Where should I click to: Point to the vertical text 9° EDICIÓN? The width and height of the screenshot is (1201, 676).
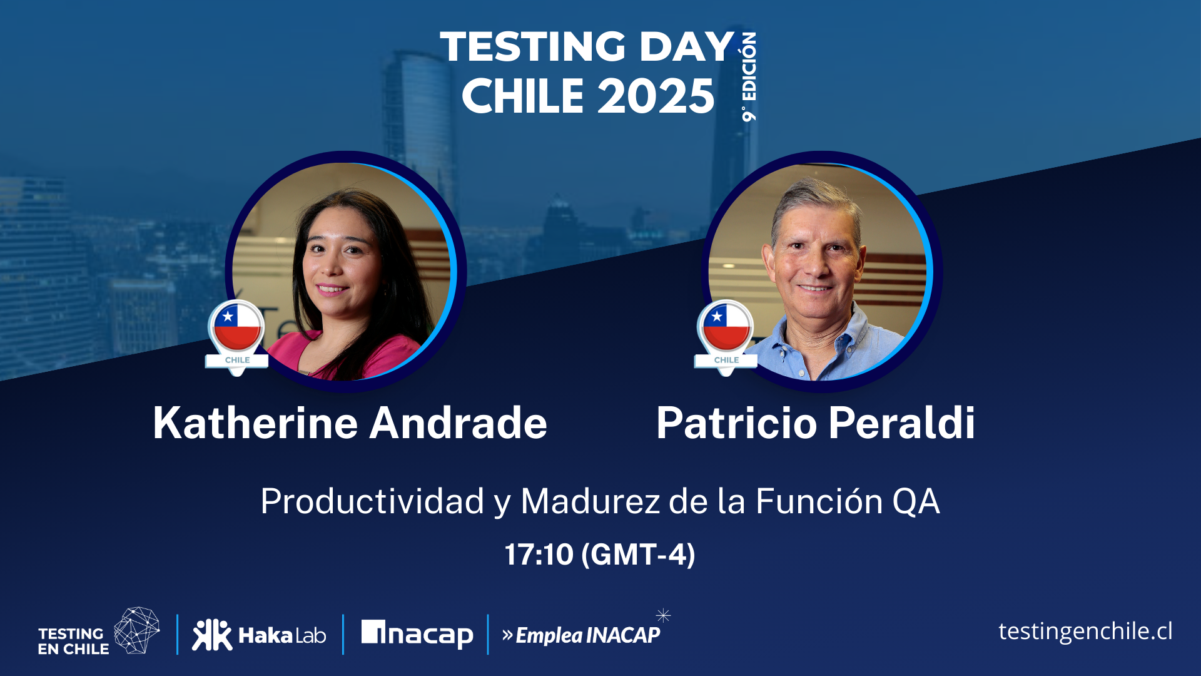749,76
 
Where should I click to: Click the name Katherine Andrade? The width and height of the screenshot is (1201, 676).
350,423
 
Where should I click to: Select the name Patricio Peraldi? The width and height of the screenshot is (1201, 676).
816,423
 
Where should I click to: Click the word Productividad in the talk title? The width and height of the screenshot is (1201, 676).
373,502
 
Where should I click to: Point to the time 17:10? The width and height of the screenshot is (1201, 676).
539,555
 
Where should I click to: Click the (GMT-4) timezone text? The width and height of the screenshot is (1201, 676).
638,555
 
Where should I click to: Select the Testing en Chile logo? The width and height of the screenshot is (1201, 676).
99,632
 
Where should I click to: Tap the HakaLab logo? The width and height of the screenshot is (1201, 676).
259,635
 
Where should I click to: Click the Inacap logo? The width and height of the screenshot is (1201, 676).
417,635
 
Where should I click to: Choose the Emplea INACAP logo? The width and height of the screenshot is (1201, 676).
582,635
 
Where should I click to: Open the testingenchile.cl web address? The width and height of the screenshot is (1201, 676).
1085,632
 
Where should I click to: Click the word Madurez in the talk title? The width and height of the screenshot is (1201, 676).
590,502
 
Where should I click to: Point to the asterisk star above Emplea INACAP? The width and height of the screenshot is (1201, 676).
663,615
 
